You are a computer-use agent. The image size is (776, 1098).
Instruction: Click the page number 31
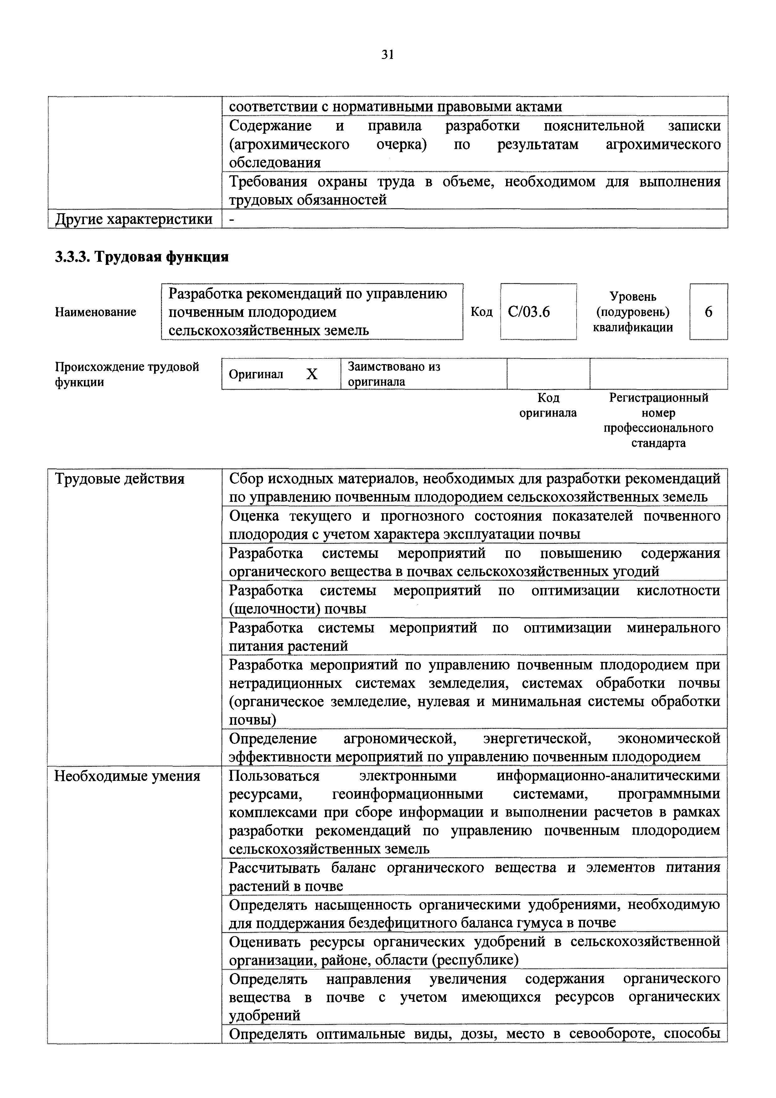pyautogui.click(x=387, y=55)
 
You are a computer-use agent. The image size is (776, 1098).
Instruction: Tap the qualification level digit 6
pyautogui.click(x=709, y=312)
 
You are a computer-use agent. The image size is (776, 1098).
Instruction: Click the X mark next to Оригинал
pyautogui.click(x=312, y=374)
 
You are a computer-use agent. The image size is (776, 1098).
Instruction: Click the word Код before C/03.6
pyautogui.click(x=481, y=312)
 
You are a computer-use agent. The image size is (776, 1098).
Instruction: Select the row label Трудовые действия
pyautogui.click(x=120, y=479)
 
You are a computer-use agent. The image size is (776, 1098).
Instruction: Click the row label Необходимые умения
pyautogui.click(x=127, y=776)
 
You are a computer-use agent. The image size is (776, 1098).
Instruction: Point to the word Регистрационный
pyautogui.click(x=658, y=398)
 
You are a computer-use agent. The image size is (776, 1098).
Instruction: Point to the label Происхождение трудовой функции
pyautogui.click(x=127, y=374)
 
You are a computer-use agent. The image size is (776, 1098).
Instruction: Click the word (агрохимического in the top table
pyautogui.click(x=289, y=144)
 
